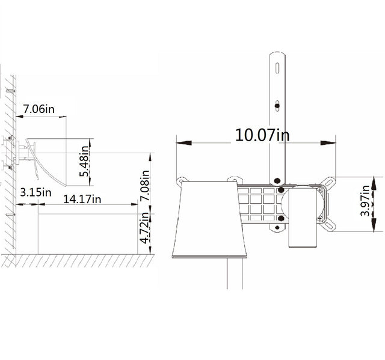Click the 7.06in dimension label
click(38, 109)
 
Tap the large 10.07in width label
click(262, 134)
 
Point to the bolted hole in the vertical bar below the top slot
click(277, 106)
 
